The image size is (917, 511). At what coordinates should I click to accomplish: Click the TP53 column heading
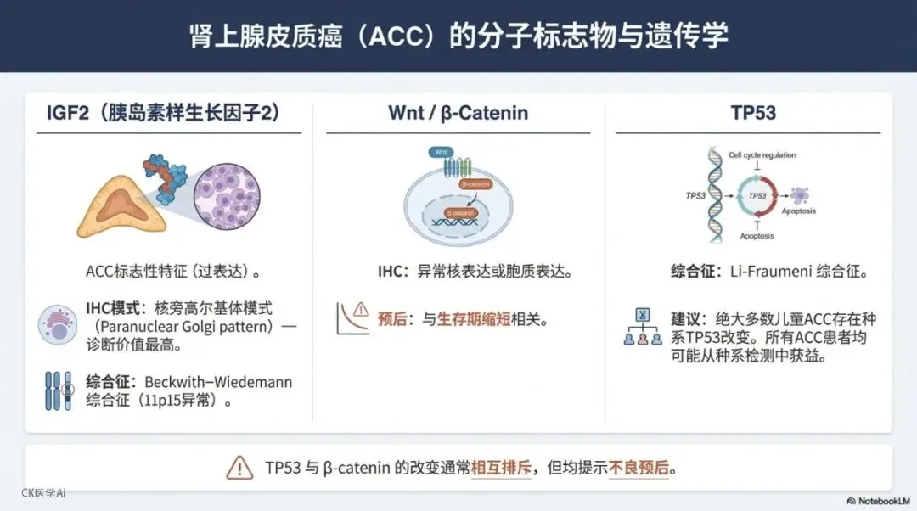(x=753, y=112)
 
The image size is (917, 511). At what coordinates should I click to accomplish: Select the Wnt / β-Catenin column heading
(x=458, y=112)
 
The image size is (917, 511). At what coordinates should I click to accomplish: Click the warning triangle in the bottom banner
(x=239, y=468)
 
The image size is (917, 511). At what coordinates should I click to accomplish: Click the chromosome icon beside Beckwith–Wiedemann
(x=58, y=390)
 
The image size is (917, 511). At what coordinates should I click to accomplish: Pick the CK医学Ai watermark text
(x=43, y=493)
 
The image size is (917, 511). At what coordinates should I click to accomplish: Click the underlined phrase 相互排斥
(x=502, y=468)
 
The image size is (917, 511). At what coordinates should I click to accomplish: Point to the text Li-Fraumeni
(x=768, y=272)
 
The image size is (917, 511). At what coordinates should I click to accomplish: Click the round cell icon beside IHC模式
(x=58, y=325)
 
